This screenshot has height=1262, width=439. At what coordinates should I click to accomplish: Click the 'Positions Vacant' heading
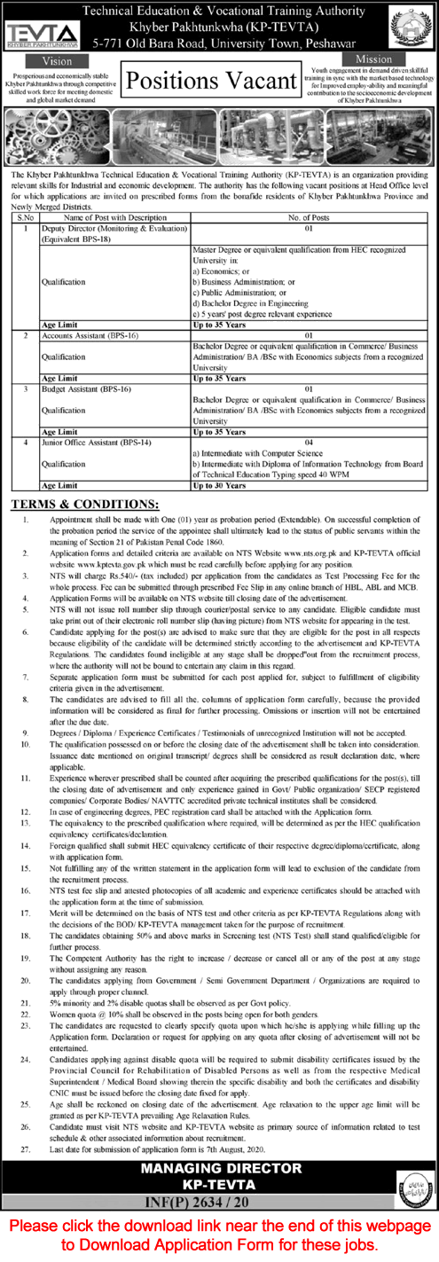tap(210, 81)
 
